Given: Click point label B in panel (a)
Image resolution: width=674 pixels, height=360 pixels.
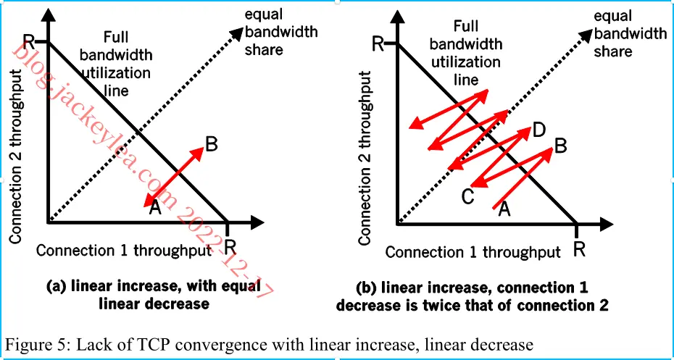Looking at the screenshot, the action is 211,145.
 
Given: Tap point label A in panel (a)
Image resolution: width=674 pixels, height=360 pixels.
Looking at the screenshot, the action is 155,208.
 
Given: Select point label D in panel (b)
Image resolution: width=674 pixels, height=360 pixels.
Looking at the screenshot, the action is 538,130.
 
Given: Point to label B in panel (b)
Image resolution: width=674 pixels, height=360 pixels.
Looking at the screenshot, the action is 561,146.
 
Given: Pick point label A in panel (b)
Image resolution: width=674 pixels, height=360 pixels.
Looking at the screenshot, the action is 504,209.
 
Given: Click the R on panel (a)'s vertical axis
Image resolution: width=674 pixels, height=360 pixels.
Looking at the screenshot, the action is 29,42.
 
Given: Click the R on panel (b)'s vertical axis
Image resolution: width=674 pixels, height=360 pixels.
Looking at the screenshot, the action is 378,43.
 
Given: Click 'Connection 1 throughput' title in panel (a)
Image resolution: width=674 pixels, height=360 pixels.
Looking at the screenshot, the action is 124,251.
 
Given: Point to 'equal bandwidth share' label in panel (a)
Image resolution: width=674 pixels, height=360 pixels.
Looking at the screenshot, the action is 281,32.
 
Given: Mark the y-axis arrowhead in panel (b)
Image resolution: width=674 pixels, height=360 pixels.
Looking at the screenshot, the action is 398,16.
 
